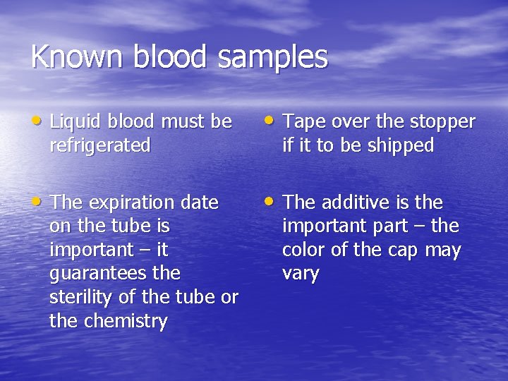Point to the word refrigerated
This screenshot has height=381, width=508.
coord(100,146)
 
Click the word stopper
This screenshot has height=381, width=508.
coord(442,123)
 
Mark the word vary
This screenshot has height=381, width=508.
coord(301,274)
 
